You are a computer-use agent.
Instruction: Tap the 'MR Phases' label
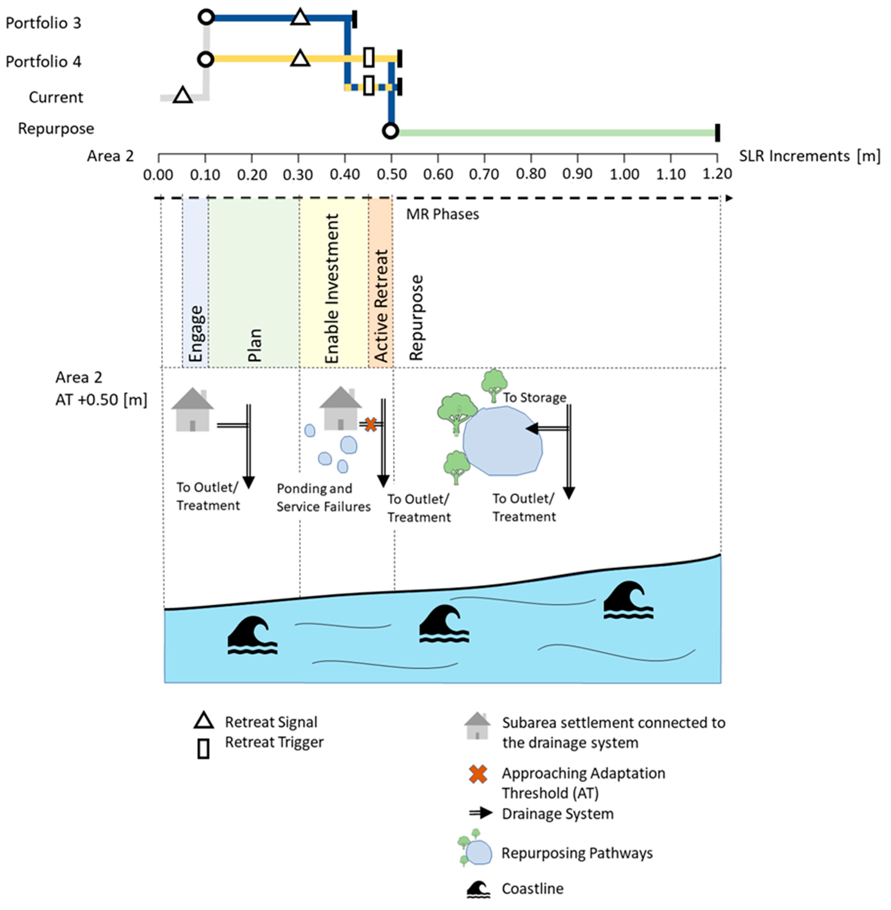(442, 214)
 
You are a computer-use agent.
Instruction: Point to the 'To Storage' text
(535, 397)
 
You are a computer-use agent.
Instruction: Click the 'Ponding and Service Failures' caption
(323, 498)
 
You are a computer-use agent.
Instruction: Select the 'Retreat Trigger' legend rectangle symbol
(203, 749)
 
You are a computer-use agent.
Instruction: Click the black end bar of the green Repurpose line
(717, 133)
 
